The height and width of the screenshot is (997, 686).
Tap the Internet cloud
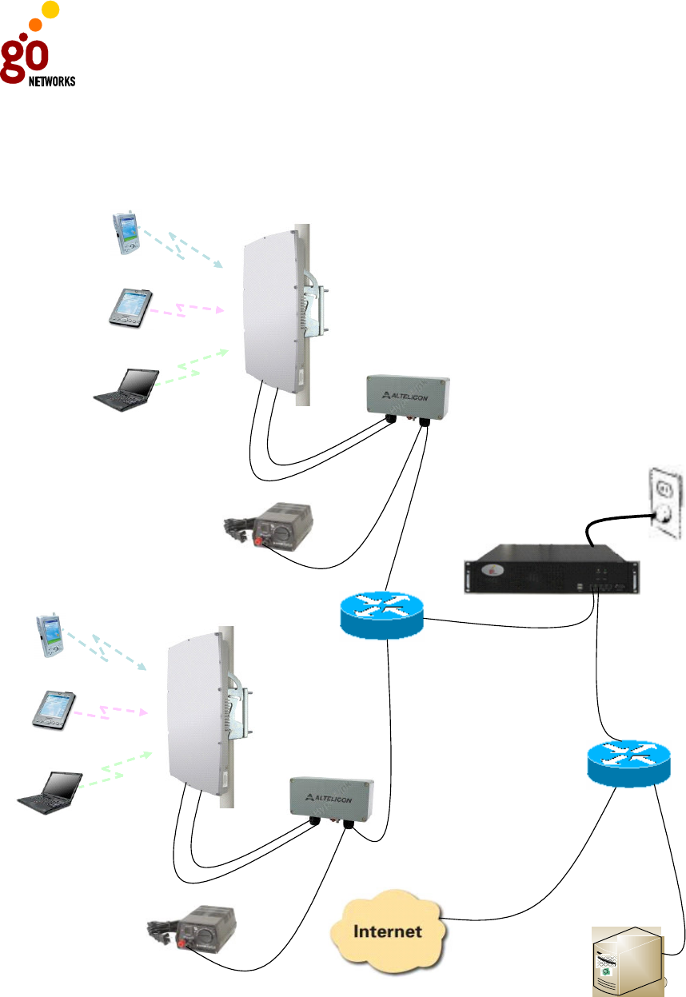click(x=389, y=931)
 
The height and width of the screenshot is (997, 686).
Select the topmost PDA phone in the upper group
click(x=124, y=233)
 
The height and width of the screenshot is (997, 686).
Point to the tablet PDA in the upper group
click(x=130, y=307)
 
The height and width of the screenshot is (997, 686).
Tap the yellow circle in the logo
click(x=50, y=10)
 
